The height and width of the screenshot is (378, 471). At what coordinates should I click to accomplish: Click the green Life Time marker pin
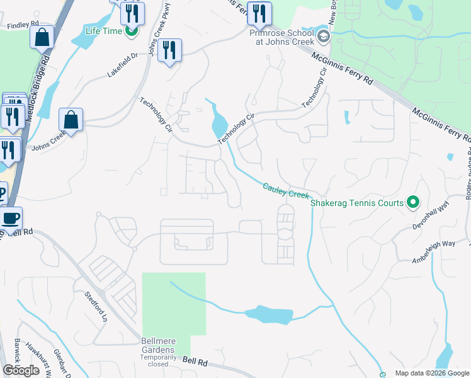pyautogui.click(x=131, y=30)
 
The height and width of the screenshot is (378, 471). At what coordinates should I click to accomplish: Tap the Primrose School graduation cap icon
pyautogui.click(x=324, y=36)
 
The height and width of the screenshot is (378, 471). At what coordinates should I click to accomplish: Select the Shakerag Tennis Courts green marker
pyautogui.click(x=413, y=202)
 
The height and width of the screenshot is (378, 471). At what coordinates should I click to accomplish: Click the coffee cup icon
pyautogui.click(x=11, y=219)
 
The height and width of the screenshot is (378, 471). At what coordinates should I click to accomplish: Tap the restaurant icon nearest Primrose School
pyautogui.click(x=259, y=13)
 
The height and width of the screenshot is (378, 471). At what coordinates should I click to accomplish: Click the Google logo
pyautogui.click(x=21, y=370)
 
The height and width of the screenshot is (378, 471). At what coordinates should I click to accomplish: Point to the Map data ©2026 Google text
pyautogui.click(x=432, y=373)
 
